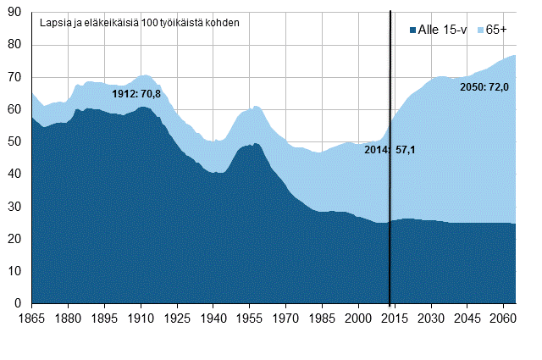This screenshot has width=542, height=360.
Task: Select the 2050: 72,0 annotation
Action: click(x=484, y=86)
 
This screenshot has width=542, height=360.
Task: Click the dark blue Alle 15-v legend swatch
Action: click(x=412, y=30)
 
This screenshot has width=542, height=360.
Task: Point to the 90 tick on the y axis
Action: click(x=16, y=12)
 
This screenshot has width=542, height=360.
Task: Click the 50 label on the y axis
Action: click(x=16, y=141)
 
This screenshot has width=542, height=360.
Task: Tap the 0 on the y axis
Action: click(x=19, y=303)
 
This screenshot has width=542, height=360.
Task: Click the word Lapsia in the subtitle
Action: click(x=56, y=21)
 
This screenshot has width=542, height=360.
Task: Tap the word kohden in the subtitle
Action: click(x=222, y=21)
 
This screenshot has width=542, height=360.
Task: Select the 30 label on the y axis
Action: click(x=16, y=207)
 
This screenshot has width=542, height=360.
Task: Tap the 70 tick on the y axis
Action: click(x=16, y=77)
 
